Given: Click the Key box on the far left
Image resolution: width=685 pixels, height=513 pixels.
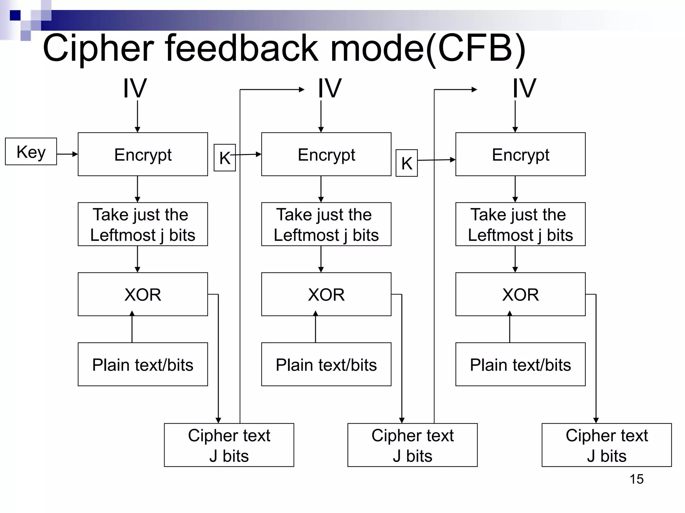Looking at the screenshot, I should [x=31, y=152].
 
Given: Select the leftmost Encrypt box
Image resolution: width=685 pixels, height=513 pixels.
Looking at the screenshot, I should [x=143, y=154].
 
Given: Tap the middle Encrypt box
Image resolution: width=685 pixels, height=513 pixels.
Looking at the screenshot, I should [x=326, y=154].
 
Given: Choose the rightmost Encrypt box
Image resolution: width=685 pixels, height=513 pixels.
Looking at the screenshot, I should [x=520, y=154].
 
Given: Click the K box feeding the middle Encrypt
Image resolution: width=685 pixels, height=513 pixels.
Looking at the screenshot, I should [x=225, y=158].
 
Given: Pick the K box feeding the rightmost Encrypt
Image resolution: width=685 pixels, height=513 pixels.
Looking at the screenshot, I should [x=406, y=163].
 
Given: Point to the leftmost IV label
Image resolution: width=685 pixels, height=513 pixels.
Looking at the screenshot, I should [x=135, y=89].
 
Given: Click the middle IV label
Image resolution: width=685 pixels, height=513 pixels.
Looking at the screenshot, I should [x=329, y=89].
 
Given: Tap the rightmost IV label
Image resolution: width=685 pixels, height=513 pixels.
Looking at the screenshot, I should [x=524, y=89].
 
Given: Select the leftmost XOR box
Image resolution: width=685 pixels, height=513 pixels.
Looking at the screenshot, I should [x=143, y=294].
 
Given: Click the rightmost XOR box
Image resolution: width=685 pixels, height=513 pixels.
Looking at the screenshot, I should [x=520, y=294].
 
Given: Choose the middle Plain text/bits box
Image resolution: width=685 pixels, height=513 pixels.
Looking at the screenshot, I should [x=326, y=364].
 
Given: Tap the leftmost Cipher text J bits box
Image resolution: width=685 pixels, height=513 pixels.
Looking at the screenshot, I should [x=229, y=445].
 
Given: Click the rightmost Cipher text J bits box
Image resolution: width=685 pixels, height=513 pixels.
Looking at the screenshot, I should [x=606, y=445].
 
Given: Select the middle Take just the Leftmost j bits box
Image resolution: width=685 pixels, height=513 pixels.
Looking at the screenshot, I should [x=326, y=224].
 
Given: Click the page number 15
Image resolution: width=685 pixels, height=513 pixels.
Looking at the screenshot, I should [x=637, y=479].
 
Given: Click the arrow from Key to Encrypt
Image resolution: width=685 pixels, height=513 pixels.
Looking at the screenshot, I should [x=67, y=154].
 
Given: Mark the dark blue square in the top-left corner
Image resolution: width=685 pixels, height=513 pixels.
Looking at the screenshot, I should [x=15, y=15].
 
